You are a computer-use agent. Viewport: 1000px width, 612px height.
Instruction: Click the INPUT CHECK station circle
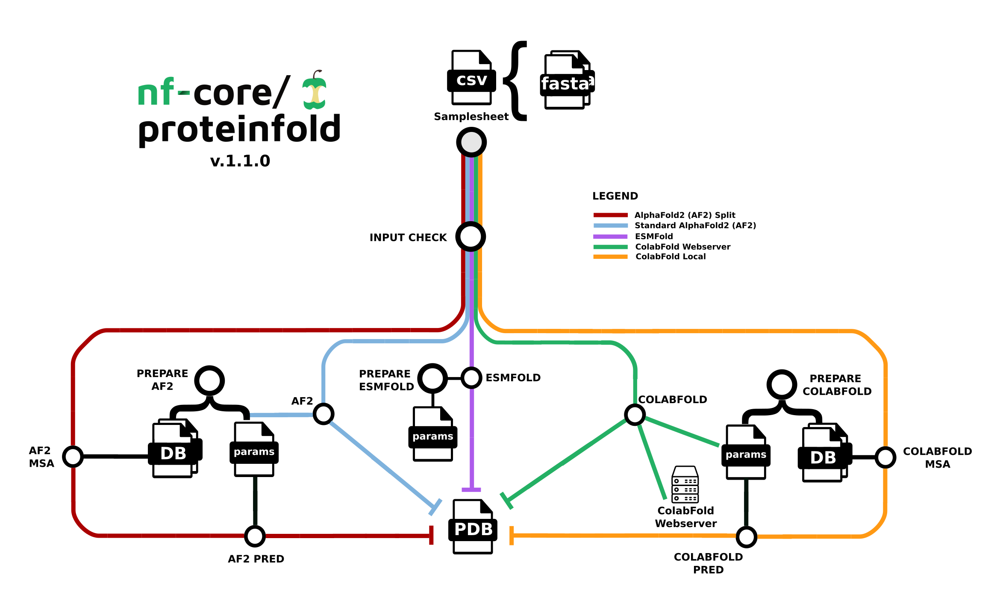(471, 237)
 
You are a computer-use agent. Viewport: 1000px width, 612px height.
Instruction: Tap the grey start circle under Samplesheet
(471, 142)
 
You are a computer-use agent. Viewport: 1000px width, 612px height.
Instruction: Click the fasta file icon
(567, 81)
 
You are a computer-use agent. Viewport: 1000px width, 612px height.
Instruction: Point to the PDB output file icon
(473, 527)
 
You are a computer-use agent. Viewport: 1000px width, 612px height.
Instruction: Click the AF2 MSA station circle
(73, 457)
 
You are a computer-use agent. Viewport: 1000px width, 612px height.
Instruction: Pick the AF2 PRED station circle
(255, 536)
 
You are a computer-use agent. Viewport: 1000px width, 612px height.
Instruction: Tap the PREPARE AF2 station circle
(209, 380)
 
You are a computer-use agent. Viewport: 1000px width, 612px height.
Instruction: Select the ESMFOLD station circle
(471, 378)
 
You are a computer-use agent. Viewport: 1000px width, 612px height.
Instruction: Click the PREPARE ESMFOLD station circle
(432, 378)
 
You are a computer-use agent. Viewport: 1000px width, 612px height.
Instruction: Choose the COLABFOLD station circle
(635, 414)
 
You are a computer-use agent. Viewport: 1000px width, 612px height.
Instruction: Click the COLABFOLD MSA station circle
(885, 457)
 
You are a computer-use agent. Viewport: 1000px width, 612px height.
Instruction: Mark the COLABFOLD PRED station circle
(746, 537)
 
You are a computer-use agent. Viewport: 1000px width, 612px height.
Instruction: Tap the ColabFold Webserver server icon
(685, 485)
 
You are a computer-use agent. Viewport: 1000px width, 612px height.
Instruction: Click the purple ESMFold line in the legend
(610, 236)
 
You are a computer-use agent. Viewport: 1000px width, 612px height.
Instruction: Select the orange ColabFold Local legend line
(610, 257)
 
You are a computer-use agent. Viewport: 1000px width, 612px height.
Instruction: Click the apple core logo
(315, 91)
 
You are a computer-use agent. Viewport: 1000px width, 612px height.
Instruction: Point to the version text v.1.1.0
(240, 161)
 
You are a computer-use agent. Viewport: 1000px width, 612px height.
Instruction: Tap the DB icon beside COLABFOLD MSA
(824, 455)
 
